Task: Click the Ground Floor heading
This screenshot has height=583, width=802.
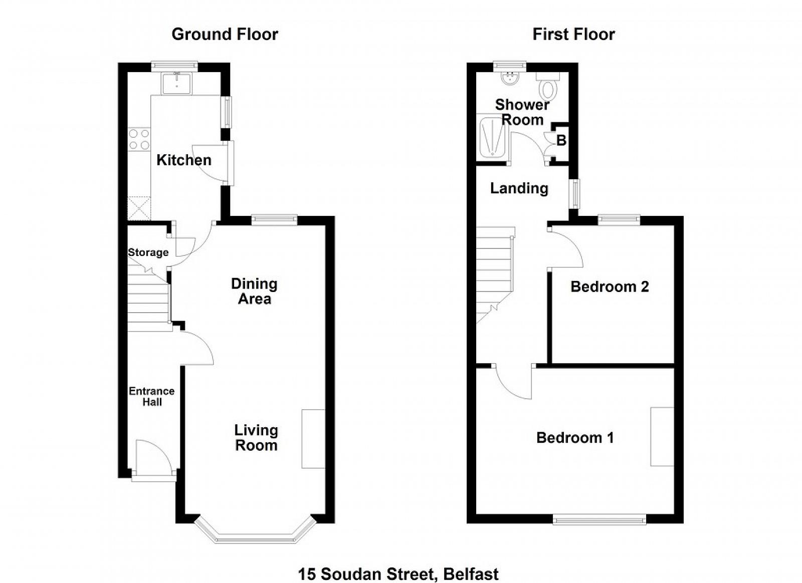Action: click(225, 35)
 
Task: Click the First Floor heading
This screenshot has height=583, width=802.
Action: click(573, 35)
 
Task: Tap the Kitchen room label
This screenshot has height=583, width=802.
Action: click(184, 160)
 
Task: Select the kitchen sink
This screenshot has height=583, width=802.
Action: click(176, 83)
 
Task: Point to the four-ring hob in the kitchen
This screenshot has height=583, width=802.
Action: click(139, 139)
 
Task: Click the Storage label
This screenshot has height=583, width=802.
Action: click(148, 252)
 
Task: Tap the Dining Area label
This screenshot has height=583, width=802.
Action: click(254, 291)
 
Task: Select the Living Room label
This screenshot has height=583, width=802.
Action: click(256, 438)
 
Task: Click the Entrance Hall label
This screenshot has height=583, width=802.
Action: click(152, 396)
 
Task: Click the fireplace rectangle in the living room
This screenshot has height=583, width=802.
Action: click(313, 439)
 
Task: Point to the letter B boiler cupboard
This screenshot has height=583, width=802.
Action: click(561, 141)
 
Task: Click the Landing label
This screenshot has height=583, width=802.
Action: click(519, 188)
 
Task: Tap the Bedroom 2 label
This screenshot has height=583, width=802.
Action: click(610, 287)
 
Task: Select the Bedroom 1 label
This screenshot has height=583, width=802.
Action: click(575, 438)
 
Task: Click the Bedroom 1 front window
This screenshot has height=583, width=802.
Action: click(599, 519)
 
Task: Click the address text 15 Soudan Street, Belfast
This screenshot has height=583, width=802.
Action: click(398, 564)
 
